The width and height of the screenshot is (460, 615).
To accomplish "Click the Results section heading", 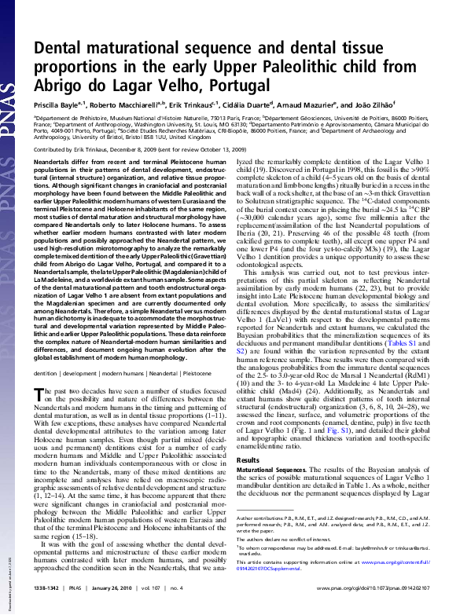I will [x=248, y=459].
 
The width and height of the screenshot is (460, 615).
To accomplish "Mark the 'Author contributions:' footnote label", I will [x=263, y=540].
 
